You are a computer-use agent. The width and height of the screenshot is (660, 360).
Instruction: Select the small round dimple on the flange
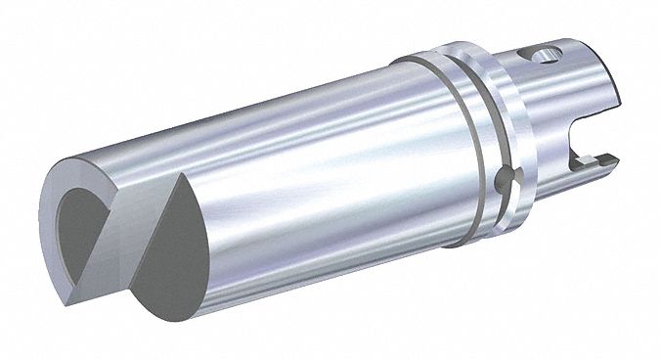click(501, 180)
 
